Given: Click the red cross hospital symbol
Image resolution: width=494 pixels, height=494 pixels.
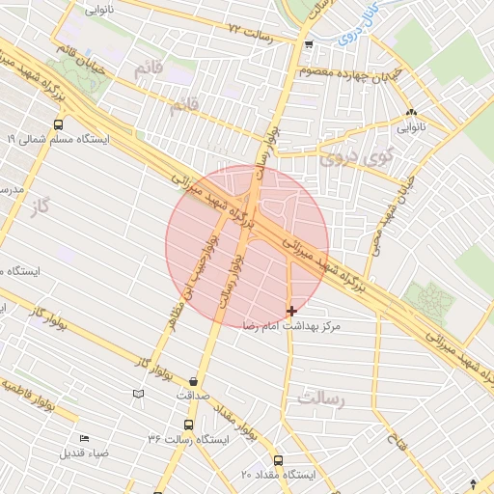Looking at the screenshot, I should click(291, 311).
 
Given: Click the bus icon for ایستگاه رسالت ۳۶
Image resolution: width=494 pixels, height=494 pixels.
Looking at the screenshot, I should click(187, 425).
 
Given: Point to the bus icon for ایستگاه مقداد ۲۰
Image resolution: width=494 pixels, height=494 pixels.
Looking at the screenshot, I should click(279, 459).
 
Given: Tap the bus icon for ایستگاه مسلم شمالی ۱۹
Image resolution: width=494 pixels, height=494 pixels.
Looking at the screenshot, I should click(59, 124).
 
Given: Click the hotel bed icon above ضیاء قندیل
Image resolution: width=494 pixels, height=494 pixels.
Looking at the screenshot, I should click(84, 439).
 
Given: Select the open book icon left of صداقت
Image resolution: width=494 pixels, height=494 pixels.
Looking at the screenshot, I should click(138, 394).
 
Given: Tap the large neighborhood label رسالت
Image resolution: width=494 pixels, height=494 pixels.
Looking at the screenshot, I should click(321, 398).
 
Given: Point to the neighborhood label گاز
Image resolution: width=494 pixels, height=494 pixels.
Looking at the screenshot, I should click(39, 206).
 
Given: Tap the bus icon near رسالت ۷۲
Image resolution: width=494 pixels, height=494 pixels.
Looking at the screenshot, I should click(308, 44).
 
